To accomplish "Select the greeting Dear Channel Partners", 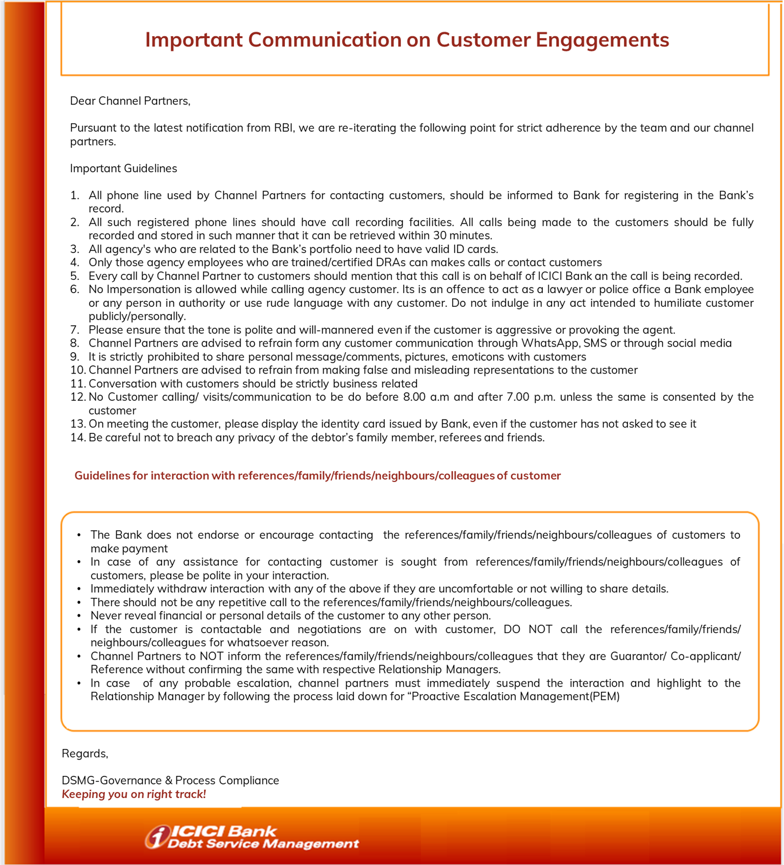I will [130, 101].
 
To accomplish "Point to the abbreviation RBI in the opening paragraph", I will [283, 128].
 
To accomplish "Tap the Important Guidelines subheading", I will [123, 169].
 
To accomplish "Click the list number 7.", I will [74, 330].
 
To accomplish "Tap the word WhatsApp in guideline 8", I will [550, 343].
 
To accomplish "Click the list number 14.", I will [77, 437].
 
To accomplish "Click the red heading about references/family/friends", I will [317, 476].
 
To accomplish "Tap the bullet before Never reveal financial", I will [79, 616].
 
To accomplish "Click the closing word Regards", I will [85, 753].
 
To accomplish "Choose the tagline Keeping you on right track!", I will [134, 794].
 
